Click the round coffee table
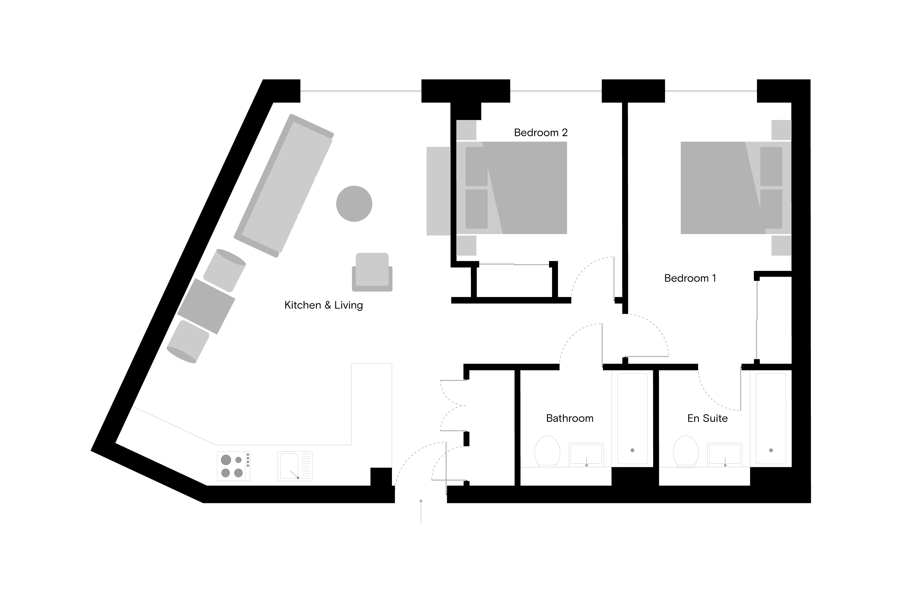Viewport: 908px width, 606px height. (x=354, y=204)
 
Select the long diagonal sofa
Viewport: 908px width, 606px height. (x=284, y=185)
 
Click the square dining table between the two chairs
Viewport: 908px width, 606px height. (x=206, y=306)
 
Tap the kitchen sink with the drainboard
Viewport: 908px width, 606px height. (x=295, y=466)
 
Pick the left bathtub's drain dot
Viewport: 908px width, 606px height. (x=632, y=450)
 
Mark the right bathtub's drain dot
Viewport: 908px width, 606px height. (x=771, y=450)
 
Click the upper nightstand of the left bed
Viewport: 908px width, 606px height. (x=466, y=130)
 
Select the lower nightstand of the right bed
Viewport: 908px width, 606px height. (x=781, y=246)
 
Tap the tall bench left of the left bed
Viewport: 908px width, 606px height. (x=438, y=191)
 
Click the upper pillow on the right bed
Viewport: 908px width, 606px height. (x=771, y=166)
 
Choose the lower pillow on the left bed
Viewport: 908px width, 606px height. (x=476, y=209)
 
